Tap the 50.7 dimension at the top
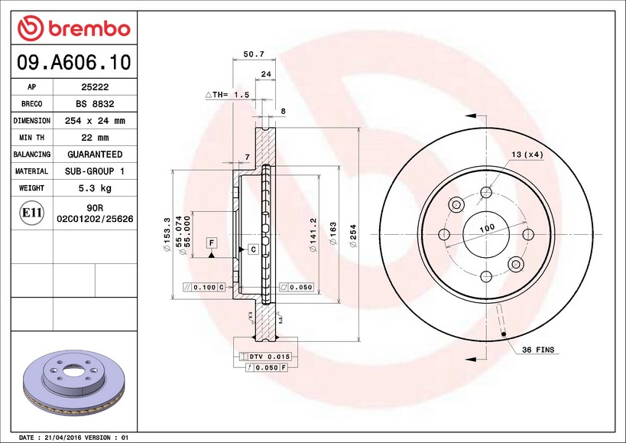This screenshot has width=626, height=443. pos(253,54)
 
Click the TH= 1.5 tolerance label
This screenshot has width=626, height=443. pos(227,94)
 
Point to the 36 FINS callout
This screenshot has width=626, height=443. pos(538,350)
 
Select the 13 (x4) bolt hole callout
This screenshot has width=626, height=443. pos(527,155)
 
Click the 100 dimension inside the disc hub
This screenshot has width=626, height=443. pos(486,228)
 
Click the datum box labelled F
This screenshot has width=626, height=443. pos(210,243)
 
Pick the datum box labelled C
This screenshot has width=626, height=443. pos(252,249)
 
